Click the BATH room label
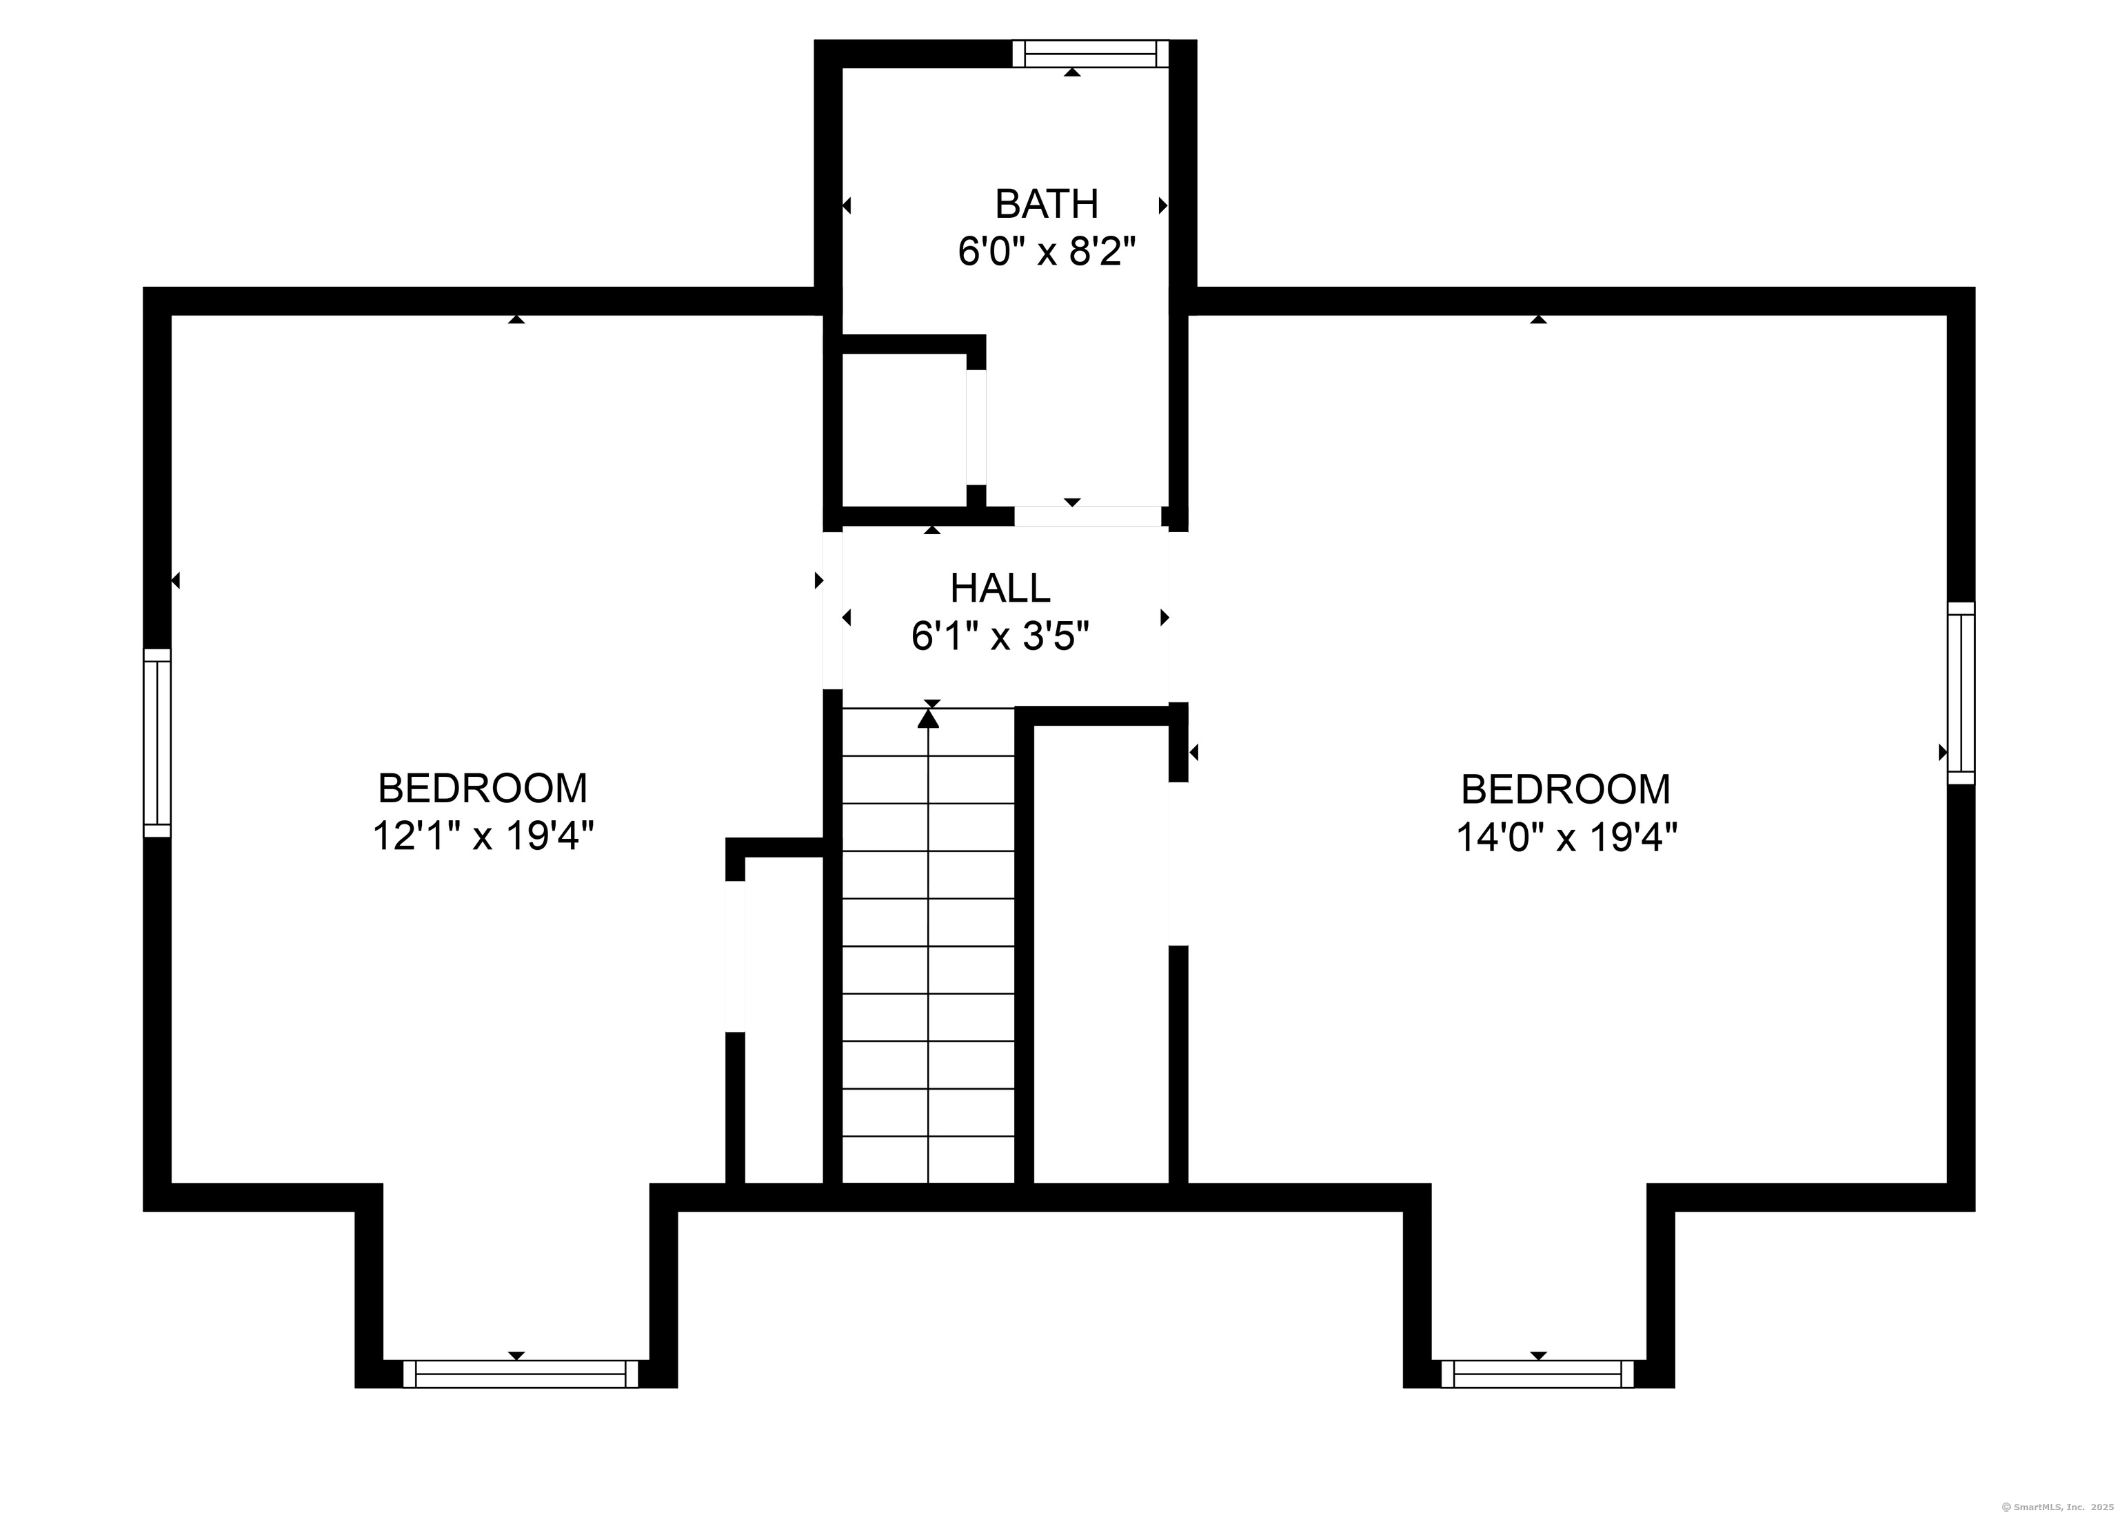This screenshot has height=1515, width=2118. (1046, 203)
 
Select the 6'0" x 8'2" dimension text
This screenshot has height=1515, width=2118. (1047, 251)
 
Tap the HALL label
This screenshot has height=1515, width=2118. (1000, 588)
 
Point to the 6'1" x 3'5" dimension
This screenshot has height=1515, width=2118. (1000, 636)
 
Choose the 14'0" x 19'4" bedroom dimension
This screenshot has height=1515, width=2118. (1566, 837)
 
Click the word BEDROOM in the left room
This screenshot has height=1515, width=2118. (483, 789)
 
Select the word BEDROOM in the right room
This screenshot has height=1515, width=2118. (1566, 789)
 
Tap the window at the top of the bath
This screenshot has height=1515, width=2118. (1090, 53)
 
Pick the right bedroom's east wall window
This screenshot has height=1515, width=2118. (1961, 692)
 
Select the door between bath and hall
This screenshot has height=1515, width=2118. (1088, 516)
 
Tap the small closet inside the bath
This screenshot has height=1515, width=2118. (903, 430)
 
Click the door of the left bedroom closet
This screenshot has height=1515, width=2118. (735, 956)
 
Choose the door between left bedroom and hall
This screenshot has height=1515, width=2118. (832, 610)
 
